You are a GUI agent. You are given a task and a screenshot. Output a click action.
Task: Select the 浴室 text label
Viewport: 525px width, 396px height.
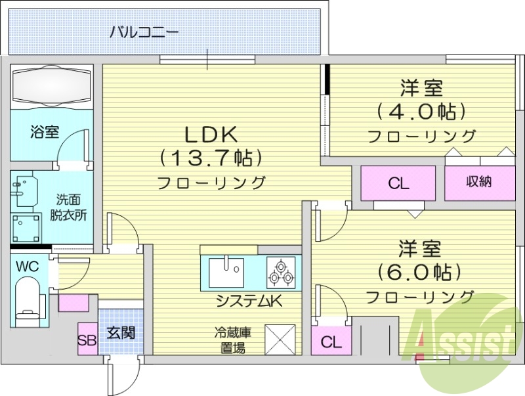pos(45,131)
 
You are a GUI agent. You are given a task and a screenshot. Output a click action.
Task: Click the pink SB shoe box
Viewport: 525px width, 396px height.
pos(87,340)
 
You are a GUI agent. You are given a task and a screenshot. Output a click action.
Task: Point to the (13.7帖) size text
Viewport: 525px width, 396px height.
pos(209,158)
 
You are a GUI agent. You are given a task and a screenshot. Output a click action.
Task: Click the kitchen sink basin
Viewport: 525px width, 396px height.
pos(226,272)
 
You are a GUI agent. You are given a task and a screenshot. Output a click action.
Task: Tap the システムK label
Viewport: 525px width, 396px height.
pos(249,302)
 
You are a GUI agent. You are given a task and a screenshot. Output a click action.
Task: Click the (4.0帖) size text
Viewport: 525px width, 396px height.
pos(421,112)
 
